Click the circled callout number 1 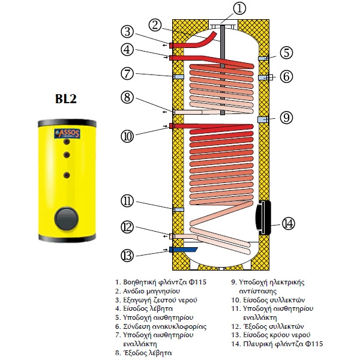tap(223, 9)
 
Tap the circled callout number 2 tap(155, 25)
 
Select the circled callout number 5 tap(286, 53)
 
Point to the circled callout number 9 tap(286, 118)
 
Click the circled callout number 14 tap(289, 223)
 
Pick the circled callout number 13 tap(127, 255)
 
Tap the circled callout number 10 tap(127, 136)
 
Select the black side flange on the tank tap(263, 217)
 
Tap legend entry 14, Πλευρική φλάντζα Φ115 tap(277, 344)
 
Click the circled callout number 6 tap(286, 76)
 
